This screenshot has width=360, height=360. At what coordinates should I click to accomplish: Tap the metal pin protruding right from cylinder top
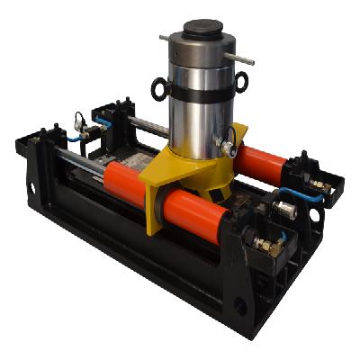coord(240,58)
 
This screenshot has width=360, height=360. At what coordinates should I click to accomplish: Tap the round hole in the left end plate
coord(32,189)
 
